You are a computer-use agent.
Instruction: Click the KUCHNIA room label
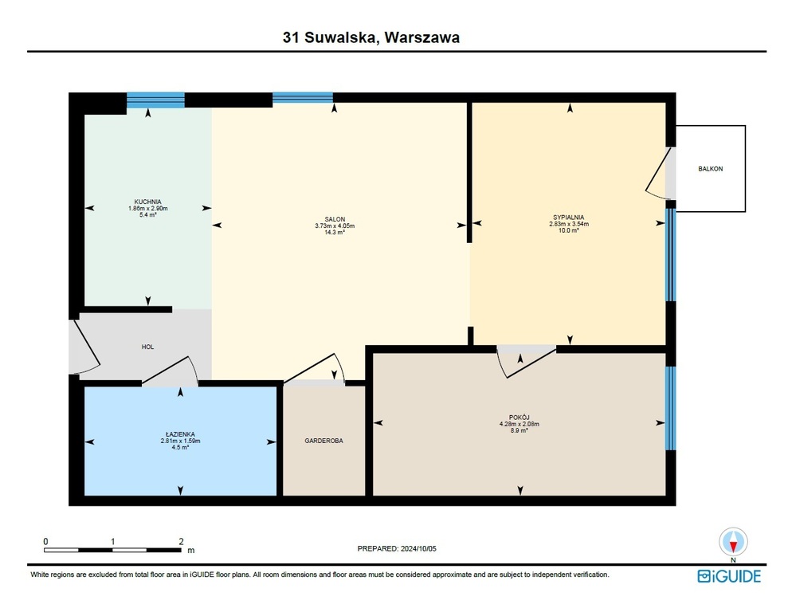pyautogui.click(x=148, y=202)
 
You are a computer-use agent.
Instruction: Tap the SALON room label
pyautogui.click(x=335, y=219)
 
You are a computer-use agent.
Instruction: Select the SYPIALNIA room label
pyautogui.click(x=569, y=218)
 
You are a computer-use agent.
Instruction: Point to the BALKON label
pyautogui.click(x=710, y=169)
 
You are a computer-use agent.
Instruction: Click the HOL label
pyautogui.click(x=147, y=347)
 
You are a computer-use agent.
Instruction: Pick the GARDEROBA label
pyautogui.click(x=323, y=441)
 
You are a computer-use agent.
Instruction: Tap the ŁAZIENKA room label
pyautogui.click(x=180, y=434)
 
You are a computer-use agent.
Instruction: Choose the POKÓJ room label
pyautogui.click(x=520, y=418)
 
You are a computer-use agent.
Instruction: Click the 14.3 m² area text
pyautogui.click(x=335, y=233)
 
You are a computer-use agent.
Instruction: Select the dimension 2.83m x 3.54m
pyautogui.click(x=569, y=224)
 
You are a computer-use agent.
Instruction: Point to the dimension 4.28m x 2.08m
pyautogui.click(x=520, y=424)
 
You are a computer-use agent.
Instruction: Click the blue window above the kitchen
pyautogui.click(x=155, y=100)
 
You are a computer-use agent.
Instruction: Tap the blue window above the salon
pyautogui.click(x=303, y=97)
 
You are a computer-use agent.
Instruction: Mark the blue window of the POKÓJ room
pyautogui.click(x=670, y=408)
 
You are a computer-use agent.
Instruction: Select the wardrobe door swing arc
pyautogui.click(x=340, y=367)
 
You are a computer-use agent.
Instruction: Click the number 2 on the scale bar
pyautogui.click(x=182, y=541)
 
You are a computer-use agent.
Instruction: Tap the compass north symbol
pyautogui.click(x=733, y=542)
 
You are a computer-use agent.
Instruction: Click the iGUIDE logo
pyautogui.click(x=729, y=576)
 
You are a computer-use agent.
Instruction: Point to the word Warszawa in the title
pyautogui.click(x=422, y=37)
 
